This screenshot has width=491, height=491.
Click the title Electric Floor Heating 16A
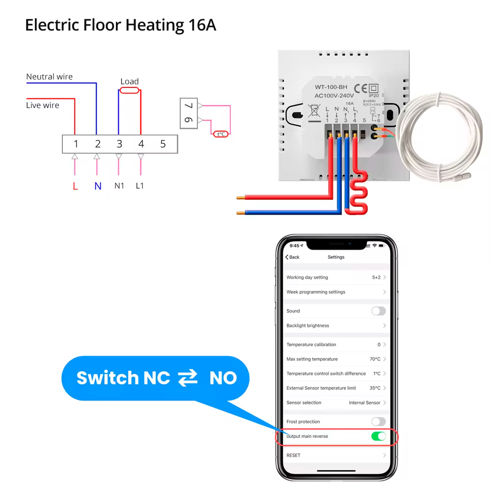121,25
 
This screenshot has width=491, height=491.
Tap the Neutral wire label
49,77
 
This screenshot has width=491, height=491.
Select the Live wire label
42,105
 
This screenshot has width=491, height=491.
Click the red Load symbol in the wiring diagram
130,90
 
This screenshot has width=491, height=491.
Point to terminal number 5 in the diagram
163,144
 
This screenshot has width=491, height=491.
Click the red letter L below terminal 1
75,186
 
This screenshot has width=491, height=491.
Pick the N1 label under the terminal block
119,186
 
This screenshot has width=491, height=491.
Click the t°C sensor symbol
221,134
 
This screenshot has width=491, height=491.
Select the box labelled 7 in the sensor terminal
189,106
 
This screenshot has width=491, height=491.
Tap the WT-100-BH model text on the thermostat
331,87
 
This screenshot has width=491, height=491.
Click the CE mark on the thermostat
361,89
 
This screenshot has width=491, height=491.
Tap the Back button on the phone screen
293,257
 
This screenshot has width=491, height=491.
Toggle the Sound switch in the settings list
378,311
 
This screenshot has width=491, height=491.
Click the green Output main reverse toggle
378,436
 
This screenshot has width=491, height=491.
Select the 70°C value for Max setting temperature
375,359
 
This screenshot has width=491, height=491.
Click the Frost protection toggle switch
378,422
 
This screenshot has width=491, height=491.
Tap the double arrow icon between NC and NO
188,378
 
